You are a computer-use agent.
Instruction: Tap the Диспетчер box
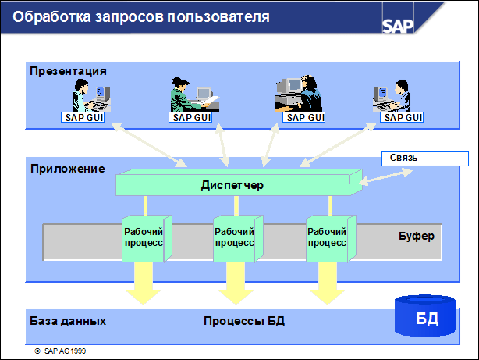(232, 186)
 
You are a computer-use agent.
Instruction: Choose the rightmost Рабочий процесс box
(327, 237)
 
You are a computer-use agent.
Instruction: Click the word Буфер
(416, 236)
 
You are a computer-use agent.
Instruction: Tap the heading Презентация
(68, 71)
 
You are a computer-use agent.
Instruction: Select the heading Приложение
(67, 168)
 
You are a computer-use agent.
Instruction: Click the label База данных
(68, 321)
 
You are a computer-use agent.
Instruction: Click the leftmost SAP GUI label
(82, 118)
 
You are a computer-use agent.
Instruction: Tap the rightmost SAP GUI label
(403, 118)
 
